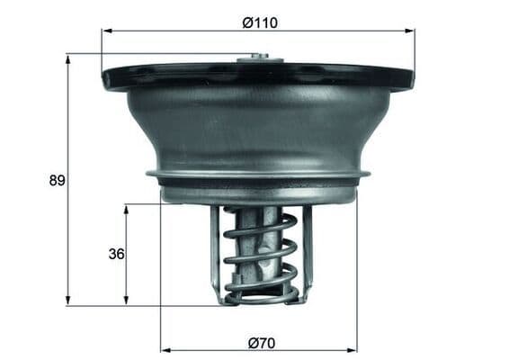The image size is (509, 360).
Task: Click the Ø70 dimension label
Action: point(259,342)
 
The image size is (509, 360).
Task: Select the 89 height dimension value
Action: point(56,180)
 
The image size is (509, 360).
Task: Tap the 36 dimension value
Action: point(115,254)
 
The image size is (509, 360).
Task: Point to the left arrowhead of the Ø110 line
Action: point(107,31)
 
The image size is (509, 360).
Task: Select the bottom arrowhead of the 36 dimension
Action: point(126,301)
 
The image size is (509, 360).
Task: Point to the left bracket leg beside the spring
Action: point(216,252)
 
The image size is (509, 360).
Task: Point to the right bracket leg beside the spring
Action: point(306,252)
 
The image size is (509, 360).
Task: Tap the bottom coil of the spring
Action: point(260,293)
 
